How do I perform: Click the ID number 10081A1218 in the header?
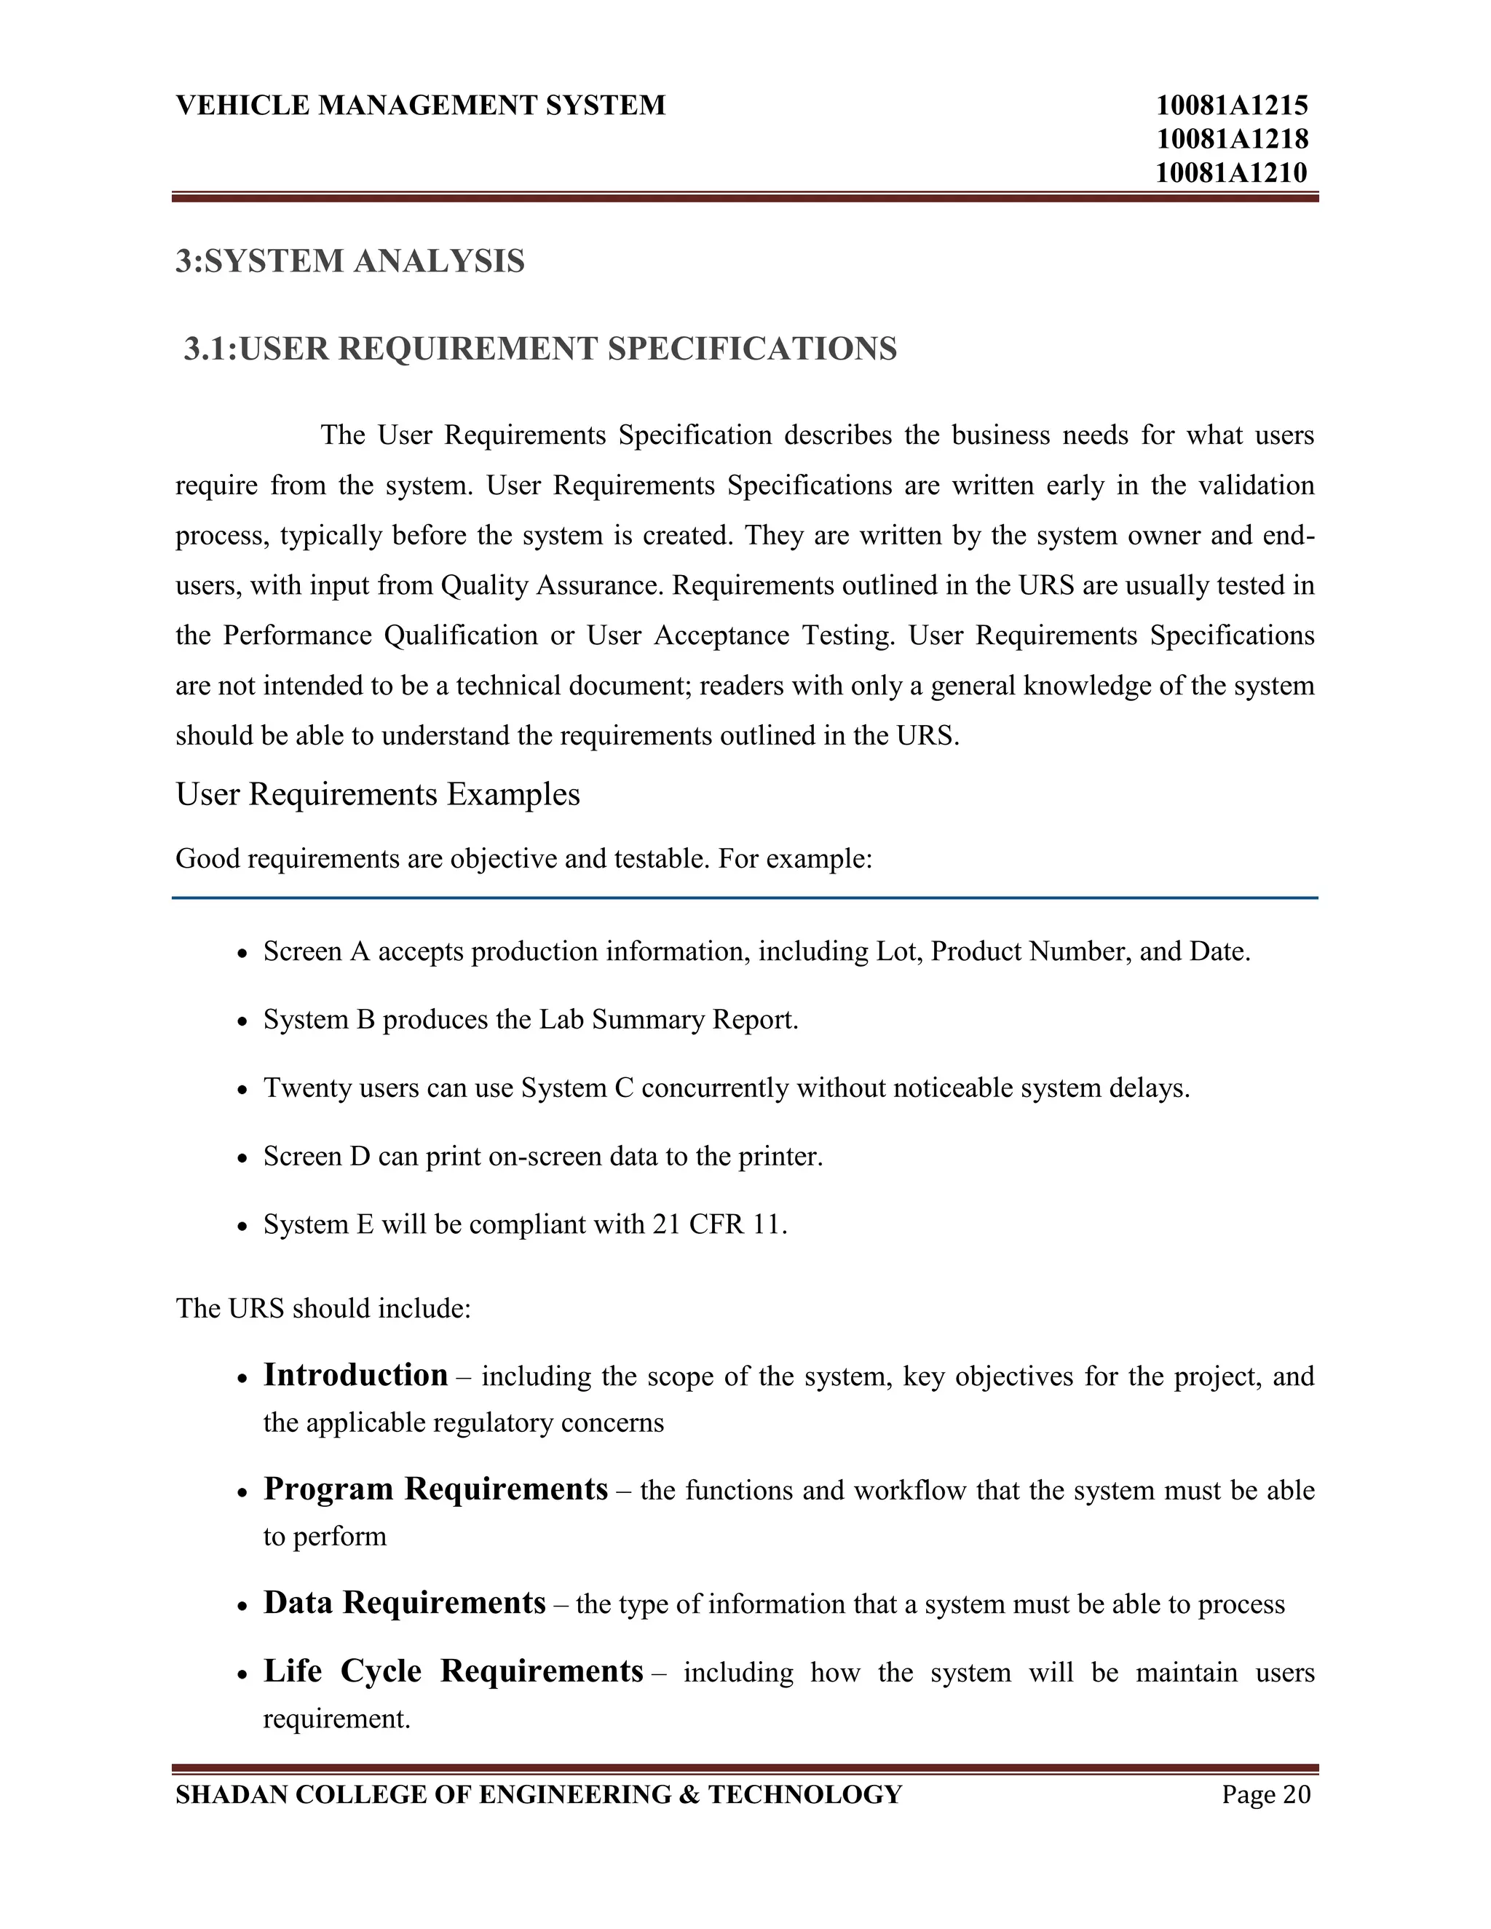[1231, 138]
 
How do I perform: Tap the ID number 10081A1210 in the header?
[1231, 173]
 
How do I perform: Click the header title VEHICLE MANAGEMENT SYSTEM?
[421, 105]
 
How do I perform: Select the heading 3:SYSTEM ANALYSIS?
[349, 261]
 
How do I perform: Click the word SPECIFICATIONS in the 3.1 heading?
[751, 349]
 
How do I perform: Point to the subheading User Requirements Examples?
[377, 794]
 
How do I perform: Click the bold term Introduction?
[355, 1375]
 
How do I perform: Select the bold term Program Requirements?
[435, 1489]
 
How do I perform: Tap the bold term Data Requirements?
[405, 1603]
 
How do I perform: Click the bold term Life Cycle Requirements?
[453, 1672]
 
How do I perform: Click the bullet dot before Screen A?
[244, 954]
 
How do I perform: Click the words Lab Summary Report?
[668, 1020]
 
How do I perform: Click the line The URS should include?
[323, 1308]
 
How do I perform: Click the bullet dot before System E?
[244, 1227]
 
